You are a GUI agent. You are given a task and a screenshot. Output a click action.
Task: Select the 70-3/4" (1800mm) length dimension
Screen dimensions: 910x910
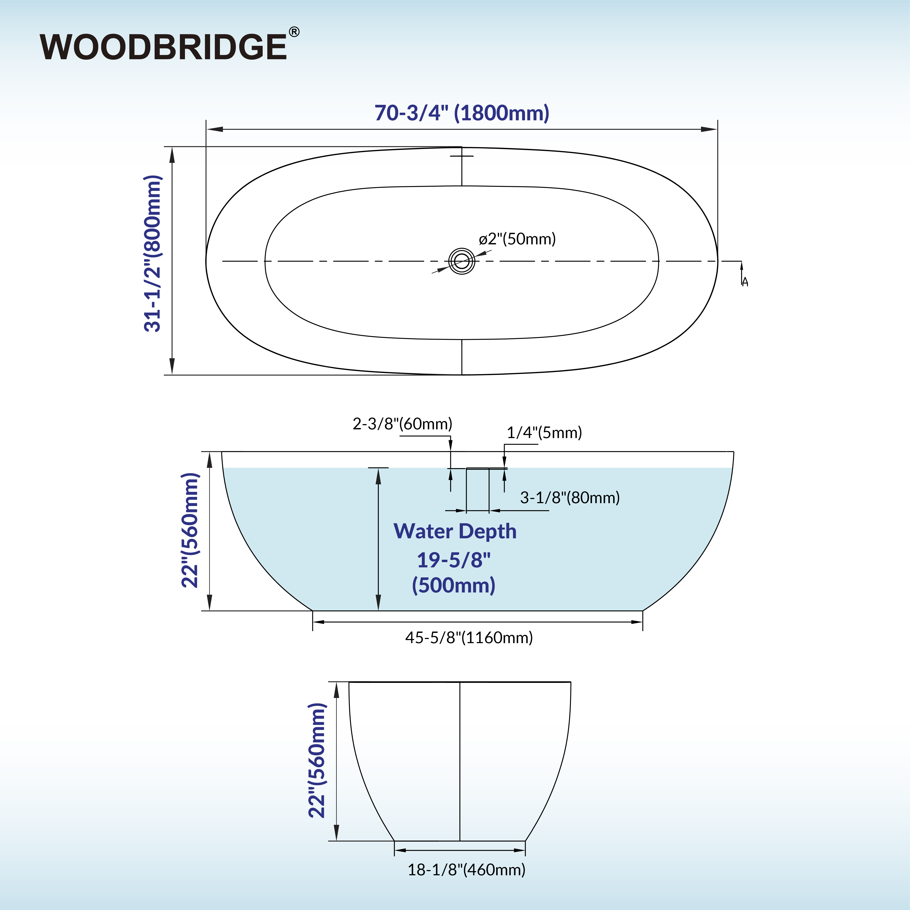(462, 113)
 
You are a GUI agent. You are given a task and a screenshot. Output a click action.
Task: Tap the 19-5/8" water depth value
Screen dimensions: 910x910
(454, 560)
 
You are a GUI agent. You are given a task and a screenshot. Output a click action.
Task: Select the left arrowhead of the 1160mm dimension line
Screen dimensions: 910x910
(318, 622)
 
